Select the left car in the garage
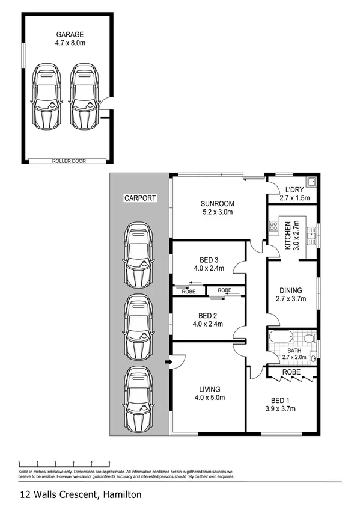pos(46,97)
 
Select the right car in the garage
pos(84,97)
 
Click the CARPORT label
pos(139,197)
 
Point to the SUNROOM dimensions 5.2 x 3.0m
pos(217,212)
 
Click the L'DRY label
pos(294,189)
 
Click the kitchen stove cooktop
pos(273,226)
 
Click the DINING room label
pos(290,290)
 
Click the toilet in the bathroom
pos(309,339)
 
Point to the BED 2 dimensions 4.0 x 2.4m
pos(207,324)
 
